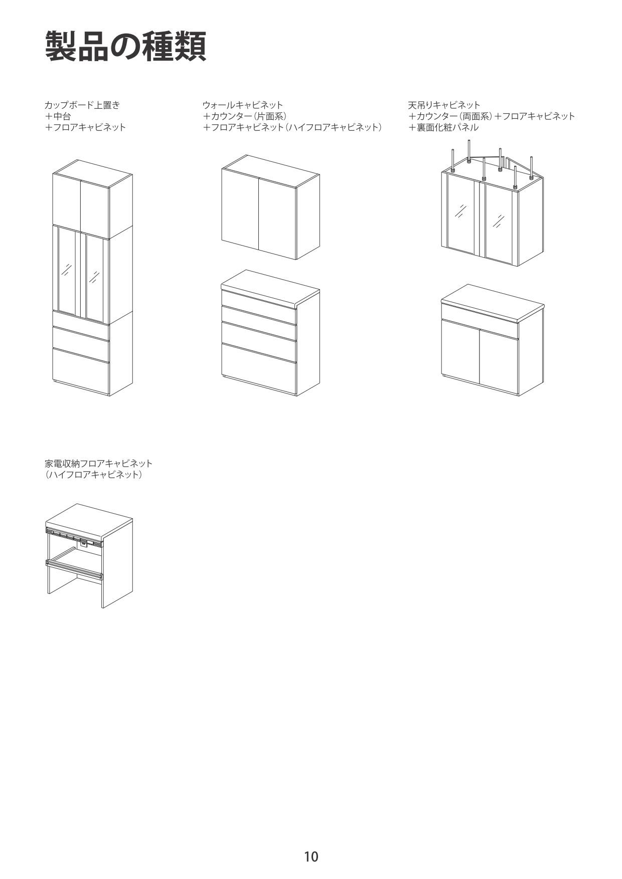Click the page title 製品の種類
(x=125, y=47)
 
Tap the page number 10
(x=311, y=856)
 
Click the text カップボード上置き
(x=82, y=105)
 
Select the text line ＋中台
(x=58, y=116)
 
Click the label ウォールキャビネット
(x=243, y=105)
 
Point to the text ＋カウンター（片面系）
(x=245, y=116)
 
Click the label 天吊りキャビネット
(x=444, y=105)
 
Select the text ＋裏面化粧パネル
(x=443, y=128)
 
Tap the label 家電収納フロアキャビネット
(x=98, y=463)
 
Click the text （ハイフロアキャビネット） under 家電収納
(x=94, y=475)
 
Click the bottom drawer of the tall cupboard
(x=81, y=371)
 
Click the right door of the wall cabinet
(x=276, y=217)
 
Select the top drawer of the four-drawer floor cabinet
(x=258, y=306)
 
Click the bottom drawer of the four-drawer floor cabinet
(x=258, y=368)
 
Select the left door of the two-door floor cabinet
(x=460, y=353)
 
